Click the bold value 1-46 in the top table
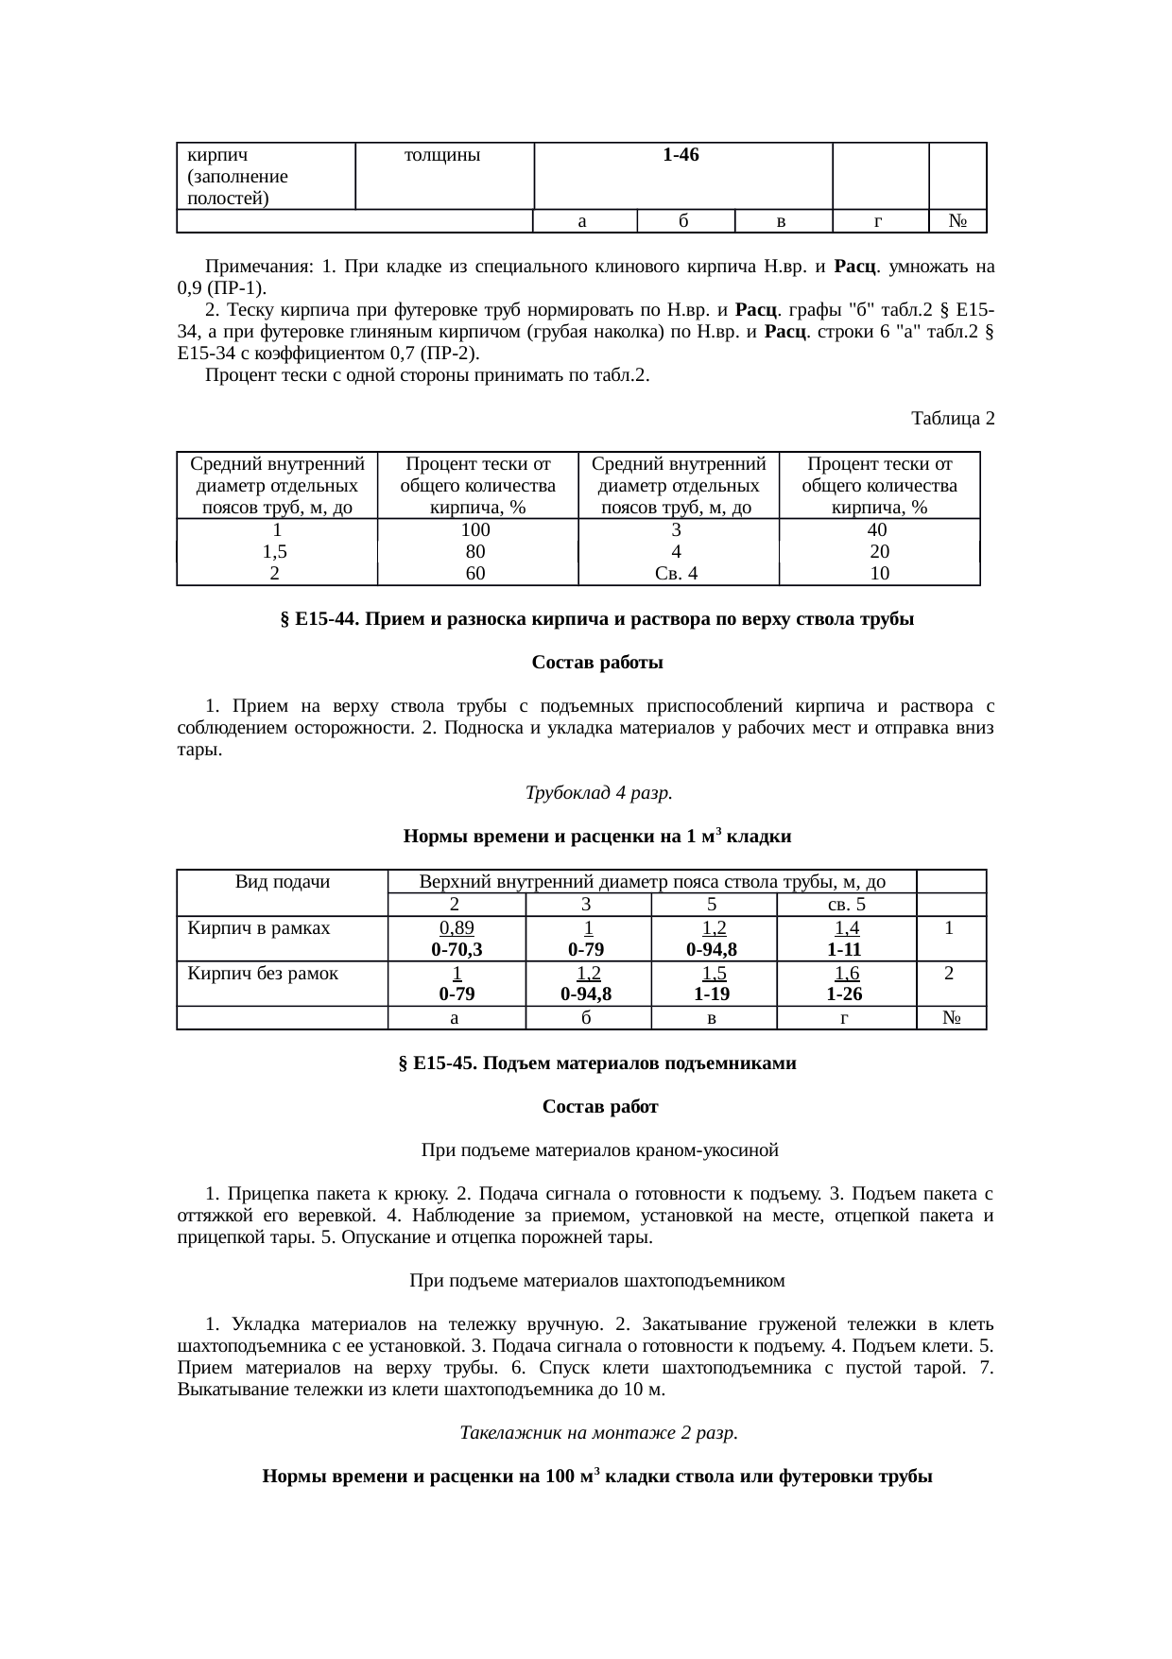pyautogui.click(x=681, y=155)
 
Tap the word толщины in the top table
pyautogui.click(x=442, y=155)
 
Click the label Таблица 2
pyautogui.click(x=952, y=418)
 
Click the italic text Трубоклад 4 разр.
pyautogui.click(x=598, y=793)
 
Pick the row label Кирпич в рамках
pyautogui.click(x=259, y=928)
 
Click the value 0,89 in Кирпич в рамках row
pyautogui.click(x=457, y=928)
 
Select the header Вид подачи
pyautogui.click(x=282, y=882)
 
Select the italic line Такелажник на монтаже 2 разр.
pyautogui.click(x=597, y=1433)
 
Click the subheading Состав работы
pyautogui.click(x=597, y=663)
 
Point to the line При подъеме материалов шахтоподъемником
pyautogui.click(x=597, y=1281)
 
